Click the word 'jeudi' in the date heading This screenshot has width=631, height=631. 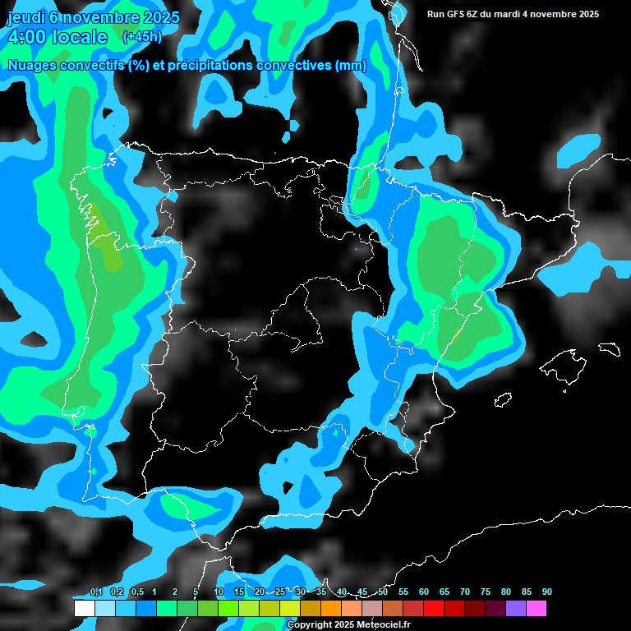pyautogui.click(x=25, y=18)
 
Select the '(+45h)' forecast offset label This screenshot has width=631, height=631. pyautogui.click(x=142, y=36)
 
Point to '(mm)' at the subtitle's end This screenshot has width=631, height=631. pyautogui.click(x=351, y=66)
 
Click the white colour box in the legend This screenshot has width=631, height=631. pyautogui.click(x=84, y=608)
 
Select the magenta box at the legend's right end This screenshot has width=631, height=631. pyautogui.click(x=537, y=608)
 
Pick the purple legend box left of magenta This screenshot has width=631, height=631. pyautogui.click(x=516, y=608)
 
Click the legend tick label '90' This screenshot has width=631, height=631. pyautogui.click(x=547, y=592)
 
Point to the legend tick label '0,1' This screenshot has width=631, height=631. pyautogui.click(x=96, y=592)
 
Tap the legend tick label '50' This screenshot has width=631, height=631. pyautogui.click(x=383, y=592)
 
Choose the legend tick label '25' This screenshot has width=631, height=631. pyautogui.click(x=280, y=592)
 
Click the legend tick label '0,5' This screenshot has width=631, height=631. pyautogui.click(x=136, y=592)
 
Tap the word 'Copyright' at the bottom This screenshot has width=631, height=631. pyautogui.click(x=308, y=625)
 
